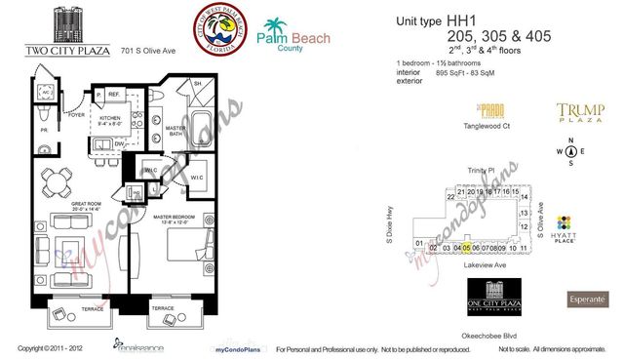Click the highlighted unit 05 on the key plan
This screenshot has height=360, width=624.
click(466, 248)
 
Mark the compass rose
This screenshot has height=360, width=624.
click(571, 151)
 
